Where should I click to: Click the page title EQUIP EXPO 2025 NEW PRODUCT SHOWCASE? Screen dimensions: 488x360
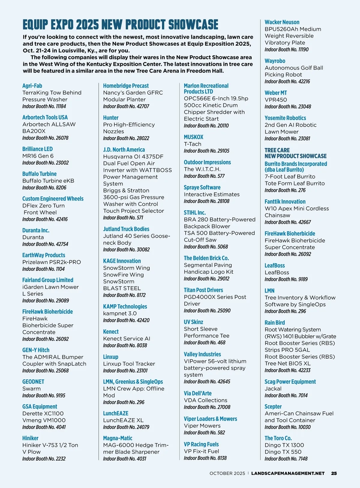tap(120, 25)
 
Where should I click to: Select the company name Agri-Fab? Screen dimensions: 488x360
tap(32, 86)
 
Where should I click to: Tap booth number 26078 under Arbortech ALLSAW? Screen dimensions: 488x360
tap(45, 138)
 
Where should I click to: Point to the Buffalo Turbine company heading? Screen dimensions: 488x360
tap(39, 174)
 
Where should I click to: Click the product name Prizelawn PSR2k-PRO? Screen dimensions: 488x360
tap(52, 262)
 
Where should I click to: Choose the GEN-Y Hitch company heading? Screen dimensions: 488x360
tap(36, 350)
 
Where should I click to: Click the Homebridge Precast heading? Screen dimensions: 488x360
tap(126, 86)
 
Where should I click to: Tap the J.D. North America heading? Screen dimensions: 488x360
tap(124, 149)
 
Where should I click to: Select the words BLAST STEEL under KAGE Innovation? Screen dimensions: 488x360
tap(122, 288)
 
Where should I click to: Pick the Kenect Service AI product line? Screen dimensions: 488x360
tap(127, 339)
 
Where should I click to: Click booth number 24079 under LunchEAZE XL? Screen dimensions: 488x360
tap(126, 427)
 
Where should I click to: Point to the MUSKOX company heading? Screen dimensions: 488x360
tap(193, 137)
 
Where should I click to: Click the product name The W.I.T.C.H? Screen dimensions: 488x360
tap(202, 169)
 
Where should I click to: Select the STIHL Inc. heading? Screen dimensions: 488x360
tap(195, 212)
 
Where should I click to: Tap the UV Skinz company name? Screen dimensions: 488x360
tap(193, 322)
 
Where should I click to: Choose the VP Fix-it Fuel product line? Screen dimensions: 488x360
tap(201, 451)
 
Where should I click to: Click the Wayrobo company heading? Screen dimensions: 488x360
tap(275, 61)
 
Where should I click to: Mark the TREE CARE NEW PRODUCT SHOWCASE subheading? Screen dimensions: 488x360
tap(295, 153)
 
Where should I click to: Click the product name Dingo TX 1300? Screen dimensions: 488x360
tap(284, 445)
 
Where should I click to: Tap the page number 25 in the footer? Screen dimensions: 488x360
tap(334, 473)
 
